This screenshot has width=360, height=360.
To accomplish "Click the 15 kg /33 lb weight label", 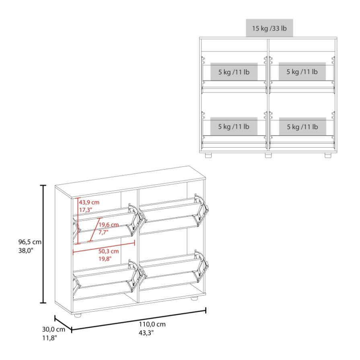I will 269,29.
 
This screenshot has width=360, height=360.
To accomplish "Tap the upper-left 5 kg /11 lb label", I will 234,72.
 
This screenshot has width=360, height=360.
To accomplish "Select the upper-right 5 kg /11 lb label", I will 302,72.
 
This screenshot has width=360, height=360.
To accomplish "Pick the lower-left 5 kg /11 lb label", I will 234,127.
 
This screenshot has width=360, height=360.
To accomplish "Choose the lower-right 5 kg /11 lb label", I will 302,127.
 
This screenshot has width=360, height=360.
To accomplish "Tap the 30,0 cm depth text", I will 50,329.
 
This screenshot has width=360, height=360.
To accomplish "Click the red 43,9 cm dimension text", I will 89,202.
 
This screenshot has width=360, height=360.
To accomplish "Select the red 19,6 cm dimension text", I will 109,224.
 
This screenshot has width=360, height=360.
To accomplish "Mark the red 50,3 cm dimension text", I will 109,251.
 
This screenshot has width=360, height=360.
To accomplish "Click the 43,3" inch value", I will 147,333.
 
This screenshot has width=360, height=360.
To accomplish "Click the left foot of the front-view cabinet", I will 208,155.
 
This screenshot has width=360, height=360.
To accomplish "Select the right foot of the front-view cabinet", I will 328,155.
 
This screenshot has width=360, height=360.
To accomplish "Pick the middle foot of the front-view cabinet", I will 268,155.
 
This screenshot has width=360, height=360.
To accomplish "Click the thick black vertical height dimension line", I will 43,244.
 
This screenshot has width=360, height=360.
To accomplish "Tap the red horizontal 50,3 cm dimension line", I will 103,243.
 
